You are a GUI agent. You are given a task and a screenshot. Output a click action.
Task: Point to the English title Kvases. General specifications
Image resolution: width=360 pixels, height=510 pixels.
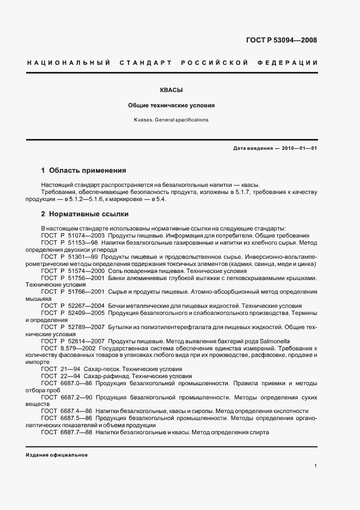tap(172, 119)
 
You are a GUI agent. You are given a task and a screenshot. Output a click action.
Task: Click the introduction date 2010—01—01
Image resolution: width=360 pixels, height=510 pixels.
tap(298, 148)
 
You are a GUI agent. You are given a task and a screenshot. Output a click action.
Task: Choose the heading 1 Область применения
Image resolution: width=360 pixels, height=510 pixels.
tap(83, 170)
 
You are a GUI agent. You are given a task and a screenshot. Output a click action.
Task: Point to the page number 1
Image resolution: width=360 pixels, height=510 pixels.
tap(316, 466)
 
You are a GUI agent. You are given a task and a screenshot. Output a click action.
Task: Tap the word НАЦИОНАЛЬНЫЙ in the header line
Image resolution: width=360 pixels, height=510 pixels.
tap(65, 63)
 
